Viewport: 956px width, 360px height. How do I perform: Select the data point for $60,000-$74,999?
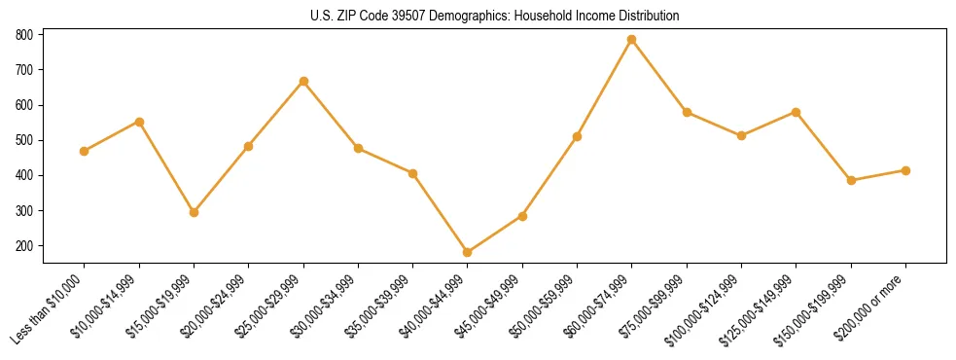click(x=632, y=40)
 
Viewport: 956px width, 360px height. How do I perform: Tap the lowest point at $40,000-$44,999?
click(x=468, y=253)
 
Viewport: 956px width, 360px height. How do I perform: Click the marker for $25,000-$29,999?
click(x=303, y=81)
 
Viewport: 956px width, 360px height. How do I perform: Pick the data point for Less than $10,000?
click(x=85, y=151)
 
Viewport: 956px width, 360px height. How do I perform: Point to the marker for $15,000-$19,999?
click(x=194, y=212)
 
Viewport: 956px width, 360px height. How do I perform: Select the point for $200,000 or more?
click(x=905, y=170)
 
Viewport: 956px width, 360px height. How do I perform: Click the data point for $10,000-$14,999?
click(x=139, y=122)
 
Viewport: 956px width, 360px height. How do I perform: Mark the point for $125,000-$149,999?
click(x=796, y=112)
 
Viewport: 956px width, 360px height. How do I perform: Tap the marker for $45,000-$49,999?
click(x=522, y=216)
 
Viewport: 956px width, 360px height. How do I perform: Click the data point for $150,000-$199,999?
click(x=851, y=181)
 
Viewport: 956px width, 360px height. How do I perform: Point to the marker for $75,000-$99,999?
click(x=687, y=113)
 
